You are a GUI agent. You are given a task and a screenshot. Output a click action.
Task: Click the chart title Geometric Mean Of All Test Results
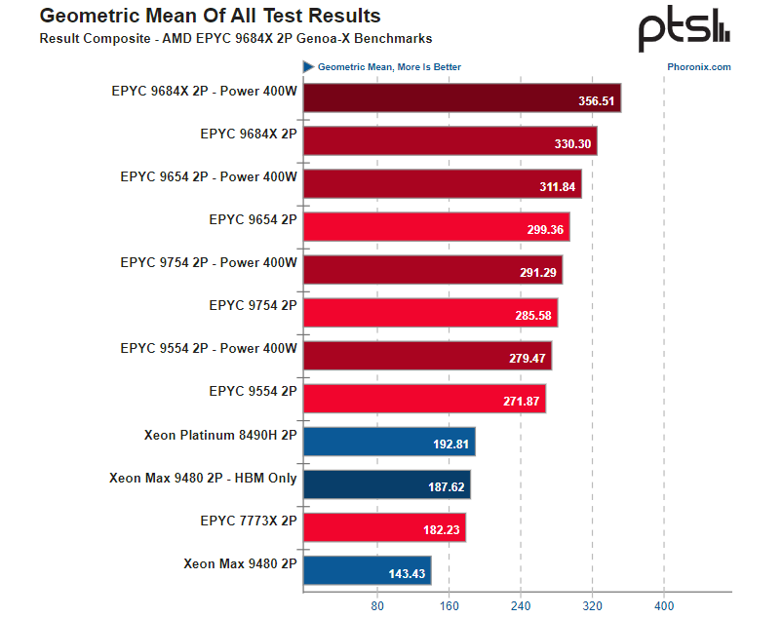click(210, 17)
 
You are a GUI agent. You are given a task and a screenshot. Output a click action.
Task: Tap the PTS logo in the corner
click(684, 31)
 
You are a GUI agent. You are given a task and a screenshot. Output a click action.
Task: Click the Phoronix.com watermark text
click(699, 67)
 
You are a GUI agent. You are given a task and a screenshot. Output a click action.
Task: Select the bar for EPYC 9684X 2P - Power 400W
click(461, 98)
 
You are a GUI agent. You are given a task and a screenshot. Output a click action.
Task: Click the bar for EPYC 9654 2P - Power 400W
click(442, 184)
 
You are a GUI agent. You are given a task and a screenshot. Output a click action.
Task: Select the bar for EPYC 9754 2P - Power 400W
click(432, 270)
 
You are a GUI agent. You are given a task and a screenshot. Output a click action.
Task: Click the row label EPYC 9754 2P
click(253, 305)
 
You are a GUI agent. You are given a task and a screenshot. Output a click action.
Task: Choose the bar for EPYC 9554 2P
click(424, 399)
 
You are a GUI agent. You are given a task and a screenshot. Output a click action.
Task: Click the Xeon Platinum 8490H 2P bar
click(389, 442)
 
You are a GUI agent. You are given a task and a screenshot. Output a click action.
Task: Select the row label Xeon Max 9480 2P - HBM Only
click(203, 478)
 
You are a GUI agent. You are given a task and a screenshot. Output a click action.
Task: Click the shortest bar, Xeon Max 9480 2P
click(367, 570)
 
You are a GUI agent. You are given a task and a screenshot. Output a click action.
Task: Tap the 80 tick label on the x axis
click(377, 605)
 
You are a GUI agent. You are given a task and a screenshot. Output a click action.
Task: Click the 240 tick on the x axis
click(521, 605)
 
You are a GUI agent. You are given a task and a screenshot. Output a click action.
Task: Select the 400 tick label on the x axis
click(664, 605)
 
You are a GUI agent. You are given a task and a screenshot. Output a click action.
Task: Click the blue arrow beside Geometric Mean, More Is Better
click(308, 67)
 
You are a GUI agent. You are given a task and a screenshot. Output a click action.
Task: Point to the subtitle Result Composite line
click(235, 39)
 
